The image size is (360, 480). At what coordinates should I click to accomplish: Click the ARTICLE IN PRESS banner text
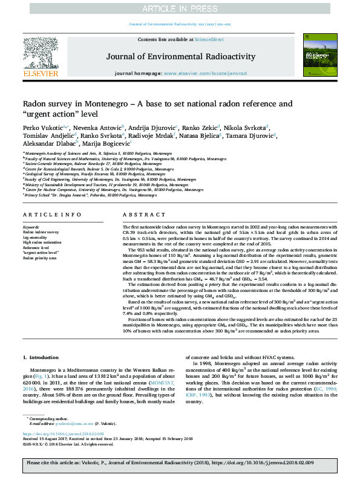[x=180, y=8]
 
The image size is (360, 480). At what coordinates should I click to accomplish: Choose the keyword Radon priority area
[x=40, y=258]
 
